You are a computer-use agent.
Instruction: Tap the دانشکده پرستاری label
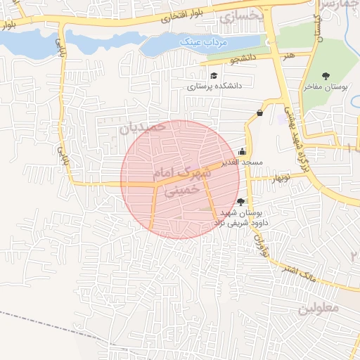tap(214, 86)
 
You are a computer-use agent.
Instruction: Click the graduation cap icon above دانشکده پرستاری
tap(214, 75)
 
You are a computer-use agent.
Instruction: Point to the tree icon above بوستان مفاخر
tap(325, 76)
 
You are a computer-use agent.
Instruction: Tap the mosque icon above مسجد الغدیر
tap(243, 151)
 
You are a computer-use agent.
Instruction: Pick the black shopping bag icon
tap(260, 112)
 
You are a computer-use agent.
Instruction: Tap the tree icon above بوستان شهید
tap(241, 202)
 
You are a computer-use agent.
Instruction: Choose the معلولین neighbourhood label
tap(319, 307)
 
